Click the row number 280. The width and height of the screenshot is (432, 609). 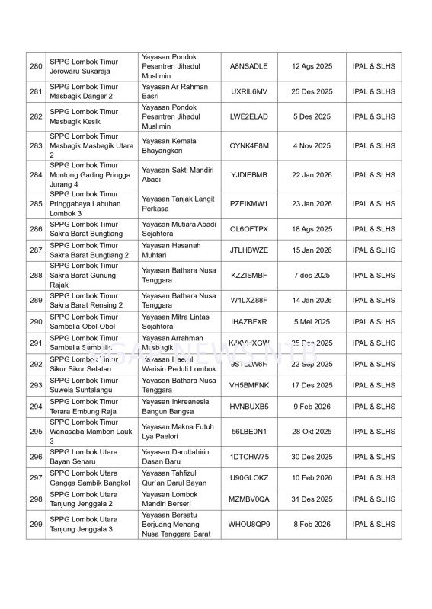click(x=36, y=66)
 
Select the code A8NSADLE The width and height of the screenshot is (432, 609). click(x=248, y=66)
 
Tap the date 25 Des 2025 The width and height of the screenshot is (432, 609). click(x=312, y=91)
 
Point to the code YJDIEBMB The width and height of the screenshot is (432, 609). click(x=248, y=175)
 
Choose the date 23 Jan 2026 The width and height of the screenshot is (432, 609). click(x=312, y=204)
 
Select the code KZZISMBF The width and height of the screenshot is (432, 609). click(x=248, y=276)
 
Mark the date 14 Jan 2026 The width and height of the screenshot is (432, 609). click(x=312, y=301)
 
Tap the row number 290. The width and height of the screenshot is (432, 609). click(x=36, y=322)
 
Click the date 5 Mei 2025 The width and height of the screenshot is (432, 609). click(x=312, y=322)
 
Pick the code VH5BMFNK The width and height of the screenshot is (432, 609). click(x=248, y=385)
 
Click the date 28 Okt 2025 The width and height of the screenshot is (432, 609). click(x=312, y=432)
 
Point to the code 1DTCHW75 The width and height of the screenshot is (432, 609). click(x=248, y=457)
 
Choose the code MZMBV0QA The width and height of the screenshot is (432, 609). click(x=248, y=499)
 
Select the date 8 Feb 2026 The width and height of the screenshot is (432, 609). click(x=312, y=525)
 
